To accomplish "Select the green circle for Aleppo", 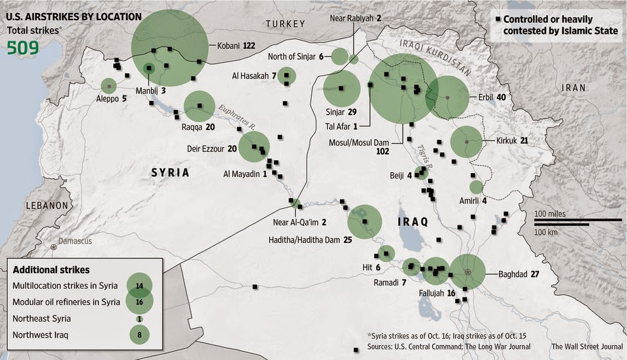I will [109, 86].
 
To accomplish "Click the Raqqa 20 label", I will [198, 127].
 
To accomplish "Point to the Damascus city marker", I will [53, 247].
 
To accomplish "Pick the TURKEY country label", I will [285, 24].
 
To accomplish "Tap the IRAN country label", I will [577, 88].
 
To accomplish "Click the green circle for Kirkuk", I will [467, 141].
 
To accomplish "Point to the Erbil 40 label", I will [492, 97].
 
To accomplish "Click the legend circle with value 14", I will [139, 285].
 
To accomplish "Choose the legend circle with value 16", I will [139, 301].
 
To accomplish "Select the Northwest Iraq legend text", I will [41, 335].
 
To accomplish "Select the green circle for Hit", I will [386, 254].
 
